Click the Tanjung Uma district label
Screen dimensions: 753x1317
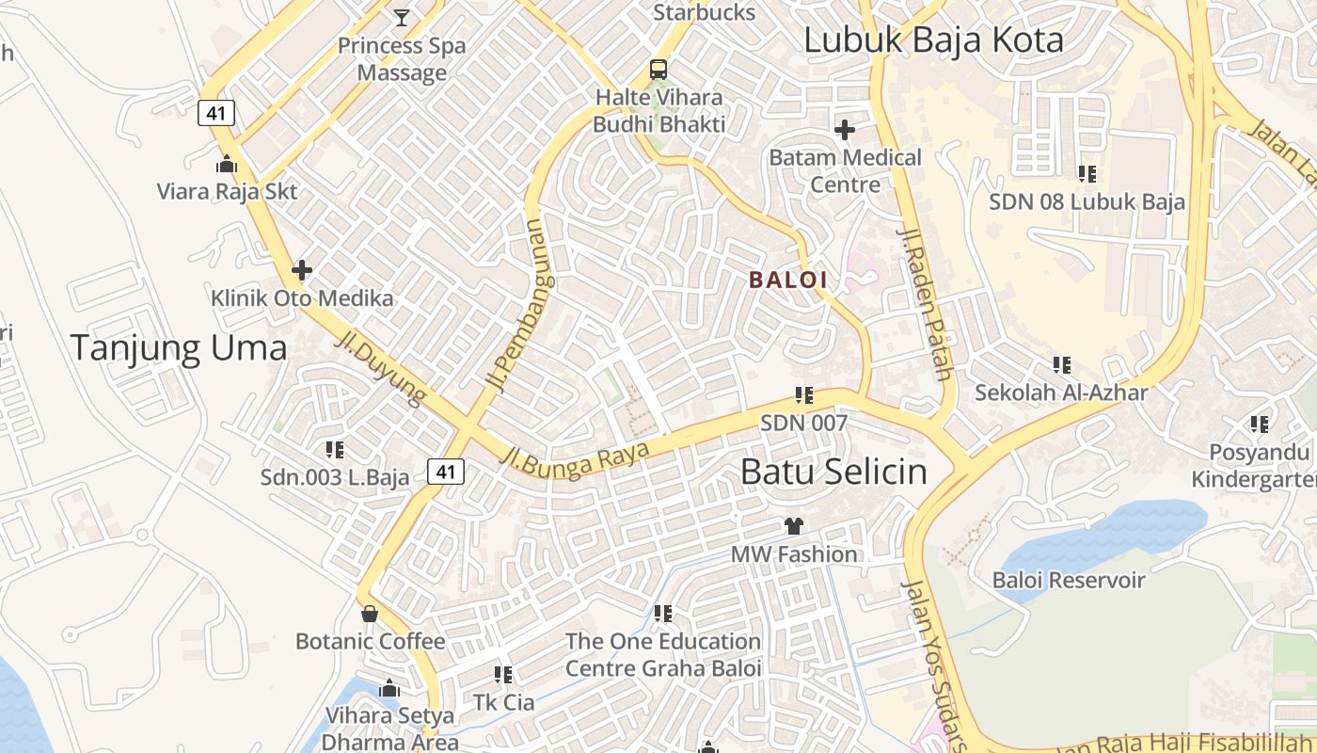click(x=179, y=348)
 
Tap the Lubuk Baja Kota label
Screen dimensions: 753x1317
click(x=933, y=40)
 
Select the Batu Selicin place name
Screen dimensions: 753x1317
click(x=833, y=472)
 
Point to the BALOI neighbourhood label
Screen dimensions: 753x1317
click(x=788, y=280)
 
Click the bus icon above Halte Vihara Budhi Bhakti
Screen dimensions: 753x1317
click(x=658, y=70)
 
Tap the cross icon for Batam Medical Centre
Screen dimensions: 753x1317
click(x=845, y=130)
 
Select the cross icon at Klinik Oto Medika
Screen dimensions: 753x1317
click(x=302, y=271)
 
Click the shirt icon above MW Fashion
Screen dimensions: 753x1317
click(x=794, y=526)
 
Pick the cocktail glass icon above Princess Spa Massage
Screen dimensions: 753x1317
click(x=402, y=17)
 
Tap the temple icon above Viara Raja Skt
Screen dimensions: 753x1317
click(x=227, y=164)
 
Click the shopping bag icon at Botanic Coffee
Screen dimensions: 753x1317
click(x=370, y=614)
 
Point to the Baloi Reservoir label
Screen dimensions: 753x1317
click(x=1069, y=580)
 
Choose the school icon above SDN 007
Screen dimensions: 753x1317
click(x=803, y=395)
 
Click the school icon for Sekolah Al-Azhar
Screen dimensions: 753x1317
click(x=1061, y=364)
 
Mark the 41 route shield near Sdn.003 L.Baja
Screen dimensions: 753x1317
click(x=446, y=471)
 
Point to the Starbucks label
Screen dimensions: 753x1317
click(x=704, y=12)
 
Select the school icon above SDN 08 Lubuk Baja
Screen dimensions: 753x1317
click(x=1087, y=173)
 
